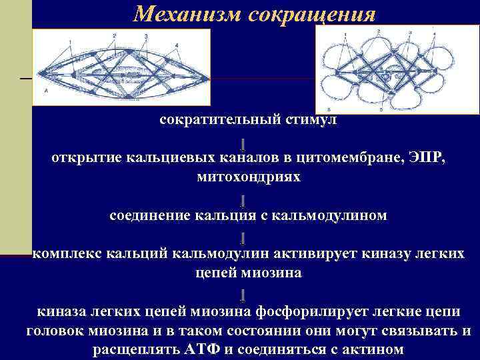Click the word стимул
tap(311, 120)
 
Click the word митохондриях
tap(249, 177)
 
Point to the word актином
tap(370, 350)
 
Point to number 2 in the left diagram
tap(115, 35)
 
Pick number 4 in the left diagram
tap(177, 45)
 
